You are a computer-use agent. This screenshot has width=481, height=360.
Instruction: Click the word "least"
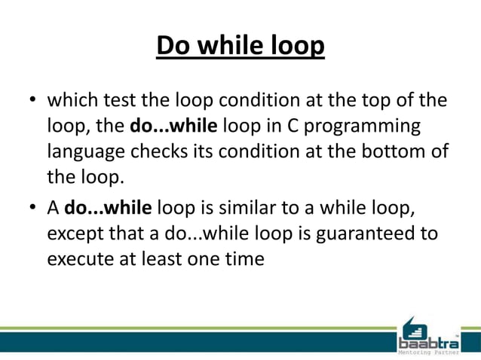(x=169, y=260)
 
